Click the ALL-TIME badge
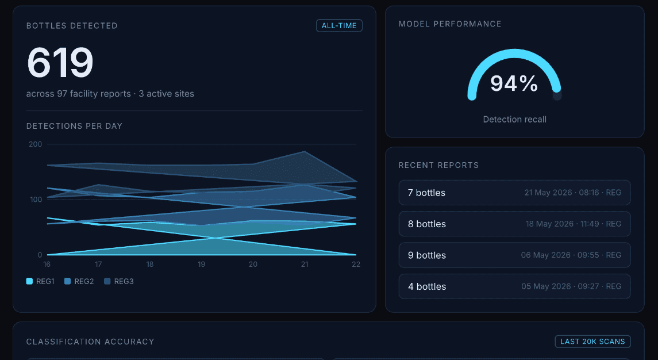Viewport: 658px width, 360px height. [339, 26]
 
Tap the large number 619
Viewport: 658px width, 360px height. [60, 63]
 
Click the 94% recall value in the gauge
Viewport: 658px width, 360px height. [514, 83]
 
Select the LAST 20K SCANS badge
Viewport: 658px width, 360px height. [592, 342]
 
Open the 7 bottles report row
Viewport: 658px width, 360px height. [514, 193]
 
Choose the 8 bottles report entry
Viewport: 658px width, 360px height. [514, 224]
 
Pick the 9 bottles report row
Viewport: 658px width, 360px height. [514, 255]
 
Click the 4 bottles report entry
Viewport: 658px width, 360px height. [514, 286]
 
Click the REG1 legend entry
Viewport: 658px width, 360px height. [40, 281]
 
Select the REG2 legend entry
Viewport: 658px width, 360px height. [79, 281]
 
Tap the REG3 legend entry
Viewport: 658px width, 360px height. [119, 281]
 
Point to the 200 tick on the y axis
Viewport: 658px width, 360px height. [35, 144]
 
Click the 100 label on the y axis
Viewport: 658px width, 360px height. [36, 200]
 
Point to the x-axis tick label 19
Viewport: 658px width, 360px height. [202, 264]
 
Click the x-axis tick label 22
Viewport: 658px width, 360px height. [356, 264]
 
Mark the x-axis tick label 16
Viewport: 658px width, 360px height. [47, 264]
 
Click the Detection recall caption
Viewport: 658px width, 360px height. [514, 119]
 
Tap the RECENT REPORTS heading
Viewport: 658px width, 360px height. [438, 165]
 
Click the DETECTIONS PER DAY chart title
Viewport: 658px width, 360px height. [74, 126]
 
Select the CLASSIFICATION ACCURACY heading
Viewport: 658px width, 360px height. [90, 342]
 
